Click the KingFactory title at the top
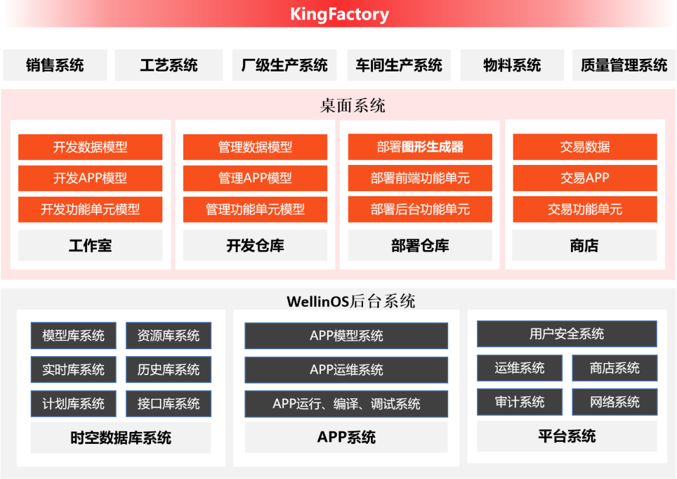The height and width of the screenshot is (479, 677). point(339,14)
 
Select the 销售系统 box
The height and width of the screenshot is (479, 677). point(55,65)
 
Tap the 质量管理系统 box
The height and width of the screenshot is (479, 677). point(624,65)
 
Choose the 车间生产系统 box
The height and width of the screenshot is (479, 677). point(399,65)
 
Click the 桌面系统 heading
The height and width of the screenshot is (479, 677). point(352,105)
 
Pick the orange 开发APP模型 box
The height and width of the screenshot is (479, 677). point(90,178)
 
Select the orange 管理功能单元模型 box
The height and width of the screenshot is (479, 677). point(255,209)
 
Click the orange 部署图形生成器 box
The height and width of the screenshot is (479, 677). point(420,147)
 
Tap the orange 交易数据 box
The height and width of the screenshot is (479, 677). point(585,147)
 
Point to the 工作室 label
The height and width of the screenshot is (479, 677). point(90,246)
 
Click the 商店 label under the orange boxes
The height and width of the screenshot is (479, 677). point(585,246)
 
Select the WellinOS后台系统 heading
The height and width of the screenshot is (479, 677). point(351,302)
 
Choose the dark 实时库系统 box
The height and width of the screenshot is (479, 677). point(73,370)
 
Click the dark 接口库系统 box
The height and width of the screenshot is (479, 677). point(169,404)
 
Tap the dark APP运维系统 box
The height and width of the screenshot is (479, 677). point(346,370)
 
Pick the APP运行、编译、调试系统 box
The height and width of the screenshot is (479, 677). point(346,404)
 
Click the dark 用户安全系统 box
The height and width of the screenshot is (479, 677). point(567,334)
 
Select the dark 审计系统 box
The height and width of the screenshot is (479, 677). point(520,402)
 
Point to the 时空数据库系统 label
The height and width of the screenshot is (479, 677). point(120,438)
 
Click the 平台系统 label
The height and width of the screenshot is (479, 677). point(567,436)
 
